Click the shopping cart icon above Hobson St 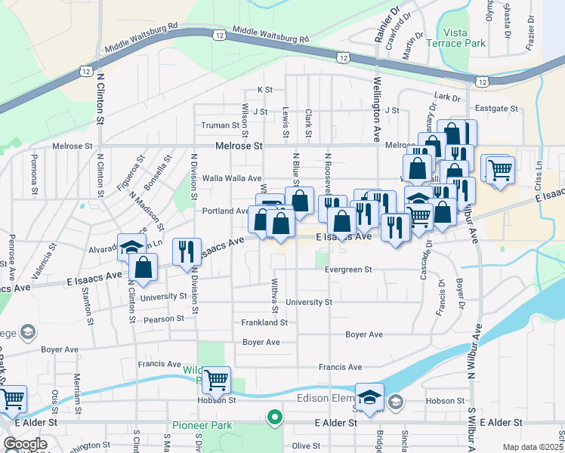[x=216, y=381]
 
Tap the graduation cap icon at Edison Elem [x=369, y=397]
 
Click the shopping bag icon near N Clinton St [x=143, y=267]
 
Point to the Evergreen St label [x=348, y=270]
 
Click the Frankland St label [x=264, y=322]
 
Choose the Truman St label [x=220, y=125]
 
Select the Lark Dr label [x=447, y=97]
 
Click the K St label [x=264, y=90]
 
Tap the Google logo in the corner [x=25, y=444]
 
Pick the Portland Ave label [x=225, y=211]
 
